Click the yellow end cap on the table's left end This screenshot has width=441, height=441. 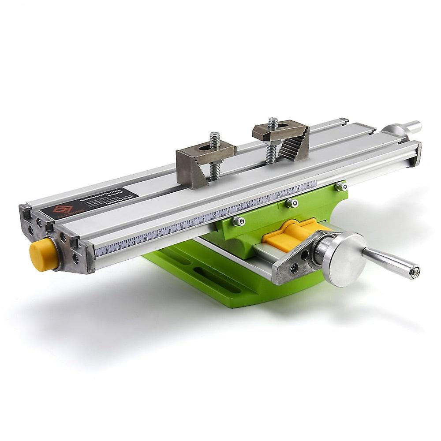(44, 254)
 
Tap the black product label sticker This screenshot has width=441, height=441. (89, 203)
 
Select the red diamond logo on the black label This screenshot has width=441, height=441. (63, 209)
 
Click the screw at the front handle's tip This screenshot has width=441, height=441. (414, 273)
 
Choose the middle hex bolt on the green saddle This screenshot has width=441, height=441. (291, 203)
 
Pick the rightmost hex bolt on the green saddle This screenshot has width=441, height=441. (340, 187)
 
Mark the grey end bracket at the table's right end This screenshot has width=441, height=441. (415, 155)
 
